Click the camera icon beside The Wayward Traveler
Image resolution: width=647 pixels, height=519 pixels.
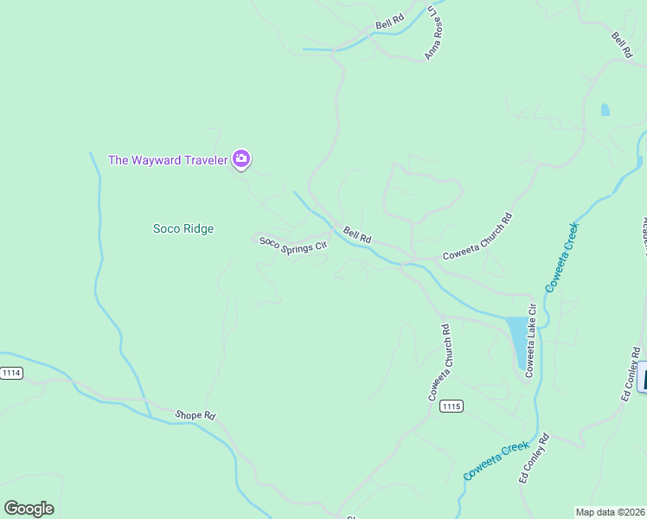[x=241, y=159]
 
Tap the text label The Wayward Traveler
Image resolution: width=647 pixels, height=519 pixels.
[x=167, y=160]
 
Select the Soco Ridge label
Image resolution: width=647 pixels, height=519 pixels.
[x=183, y=229]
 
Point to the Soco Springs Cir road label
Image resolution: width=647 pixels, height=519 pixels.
[x=293, y=244]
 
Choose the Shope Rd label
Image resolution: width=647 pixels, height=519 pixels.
[x=195, y=415]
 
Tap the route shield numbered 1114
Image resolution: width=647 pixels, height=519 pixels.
[x=11, y=373]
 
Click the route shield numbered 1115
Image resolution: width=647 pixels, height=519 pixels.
[x=451, y=406]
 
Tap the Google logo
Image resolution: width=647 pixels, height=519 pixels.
[x=29, y=509]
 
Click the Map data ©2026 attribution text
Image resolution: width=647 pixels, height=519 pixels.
[x=610, y=512]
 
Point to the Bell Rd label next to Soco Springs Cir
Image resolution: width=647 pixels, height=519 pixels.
[x=356, y=234]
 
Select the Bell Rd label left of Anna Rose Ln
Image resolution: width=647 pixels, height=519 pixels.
[x=390, y=22]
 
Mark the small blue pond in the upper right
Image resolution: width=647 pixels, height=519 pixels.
[x=605, y=110]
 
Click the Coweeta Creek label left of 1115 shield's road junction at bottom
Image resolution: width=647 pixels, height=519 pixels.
[x=496, y=459]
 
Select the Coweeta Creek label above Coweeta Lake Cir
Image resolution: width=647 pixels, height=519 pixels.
[x=561, y=256]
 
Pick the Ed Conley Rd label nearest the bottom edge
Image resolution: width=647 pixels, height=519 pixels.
[x=533, y=458]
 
